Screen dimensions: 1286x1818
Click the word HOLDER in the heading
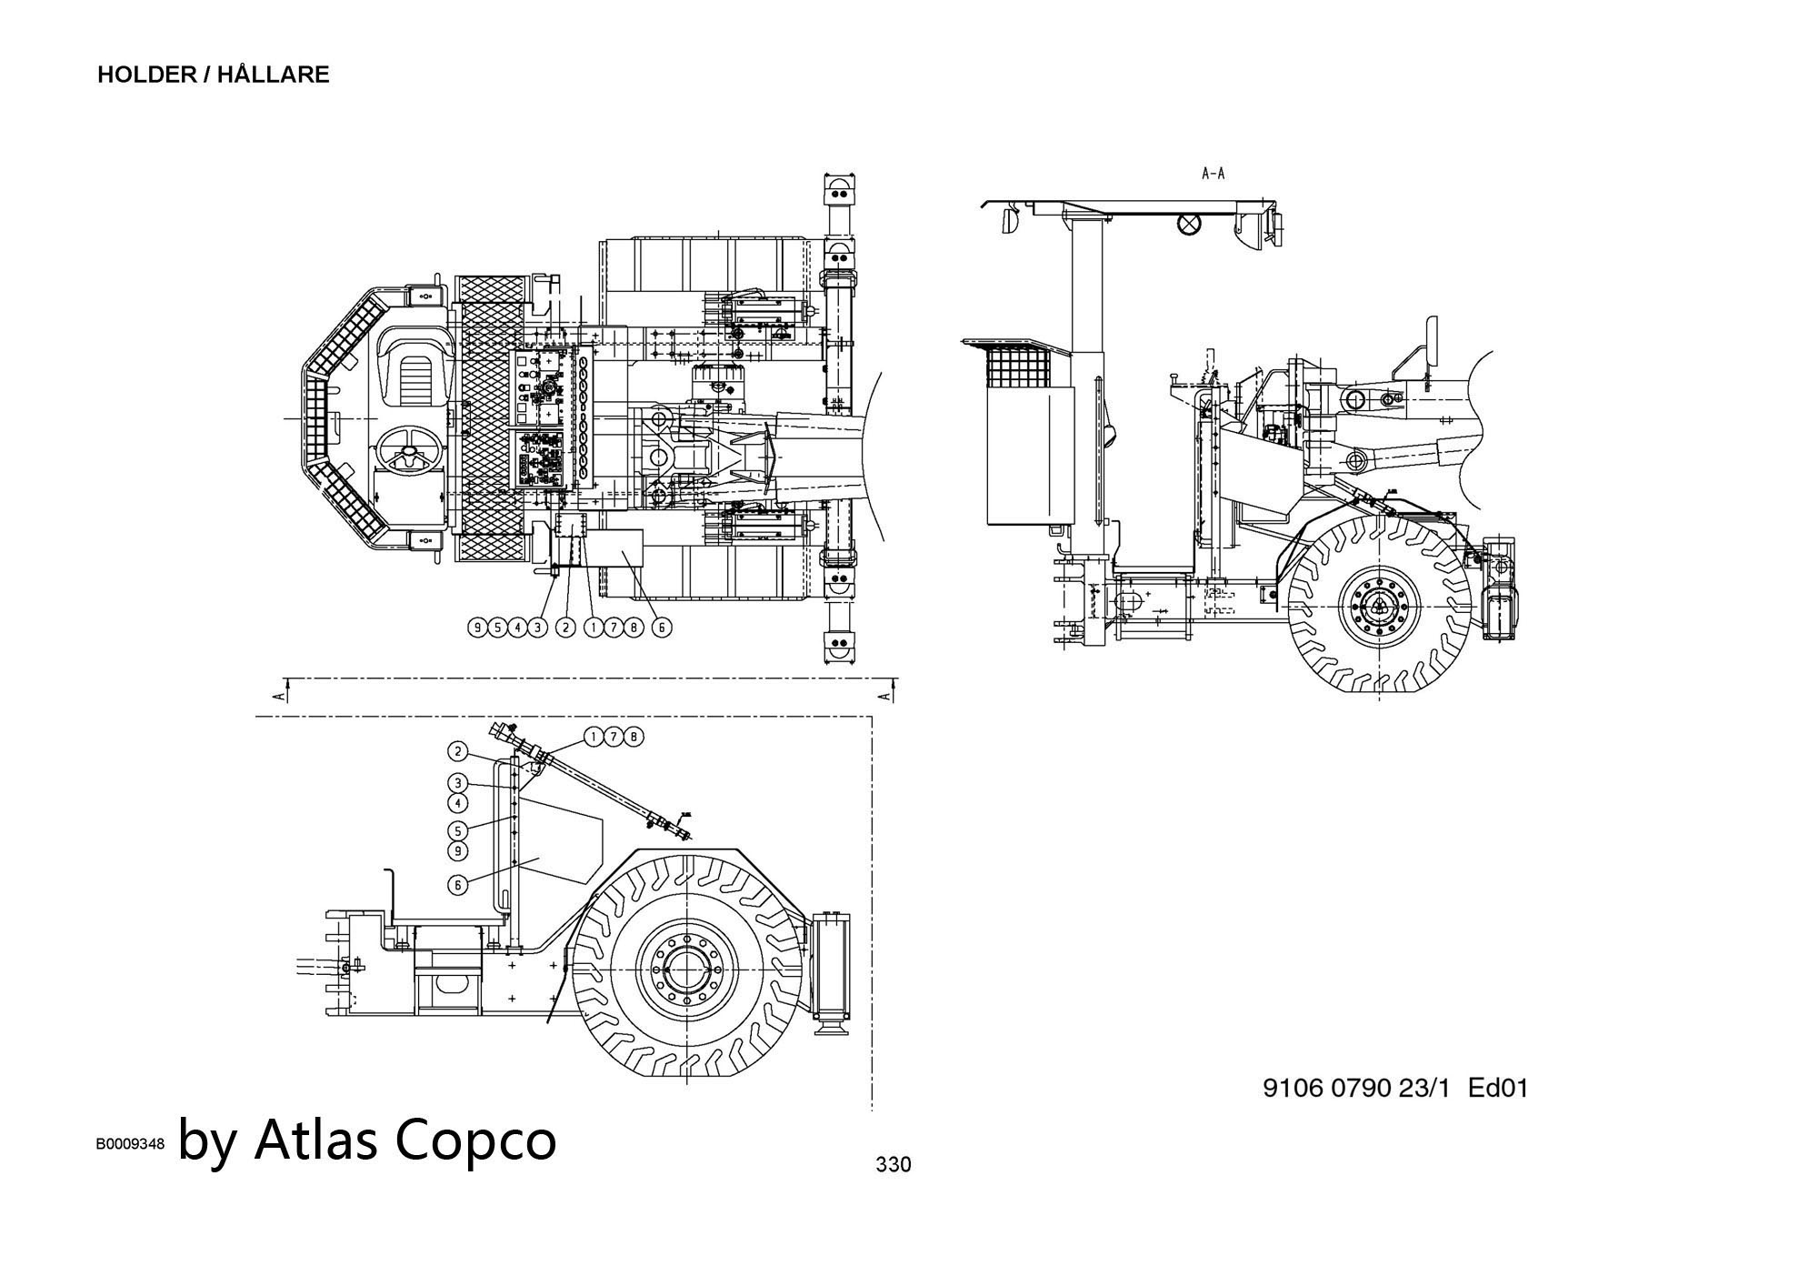pyautogui.click(x=146, y=75)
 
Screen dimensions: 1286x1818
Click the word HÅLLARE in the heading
pyautogui.click(x=273, y=75)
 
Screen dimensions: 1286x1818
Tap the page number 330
pyautogui.click(x=893, y=1164)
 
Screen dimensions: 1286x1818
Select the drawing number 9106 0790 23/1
pyautogui.click(x=1357, y=1088)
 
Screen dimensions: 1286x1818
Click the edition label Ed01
pyautogui.click(x=1498, y=1088)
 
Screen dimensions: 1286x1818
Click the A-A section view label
pyautogui.click(x=1213, y=173)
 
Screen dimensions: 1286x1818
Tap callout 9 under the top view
pyautogui.click(x=477, y=627)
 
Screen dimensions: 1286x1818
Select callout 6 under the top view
pyautogui.click(x=662, y=627)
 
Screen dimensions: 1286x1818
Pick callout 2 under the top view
pyautogui.click(x=565, y=627)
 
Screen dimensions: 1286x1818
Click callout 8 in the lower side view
pyautogui.click(x=634, y=737)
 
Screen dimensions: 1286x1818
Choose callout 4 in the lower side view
pyautogui.click(x=459, y=803)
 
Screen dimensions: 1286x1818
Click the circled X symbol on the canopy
pyautogui.click(x=1189, y=224)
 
